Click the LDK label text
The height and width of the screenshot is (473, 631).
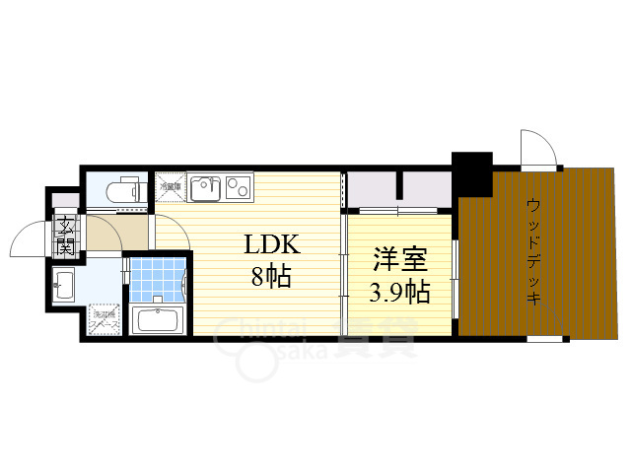(x=266, y=244)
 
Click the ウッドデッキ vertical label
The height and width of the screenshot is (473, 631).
(x=533, y=251)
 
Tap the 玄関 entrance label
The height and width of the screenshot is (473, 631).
(x=66, y=235)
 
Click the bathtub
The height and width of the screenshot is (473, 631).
(x=157, y=320)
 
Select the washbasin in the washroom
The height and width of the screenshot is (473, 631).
(x=65, y=286)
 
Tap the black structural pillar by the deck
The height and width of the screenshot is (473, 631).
(x=471, y=173)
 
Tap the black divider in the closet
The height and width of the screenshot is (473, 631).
(x=400, y=183)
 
